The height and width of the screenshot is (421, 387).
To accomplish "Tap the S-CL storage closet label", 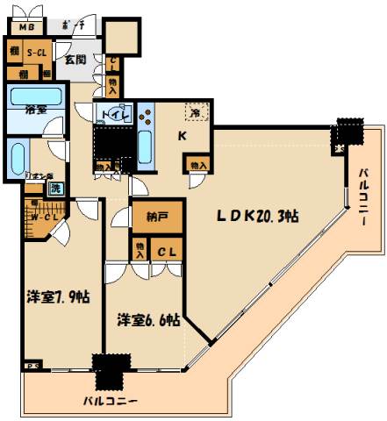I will point(35,54).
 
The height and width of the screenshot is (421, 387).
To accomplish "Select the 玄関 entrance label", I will point(74,61).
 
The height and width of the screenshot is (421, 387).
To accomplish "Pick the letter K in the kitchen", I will point(182,134).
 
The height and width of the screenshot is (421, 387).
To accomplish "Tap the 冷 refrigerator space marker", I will point(197,112).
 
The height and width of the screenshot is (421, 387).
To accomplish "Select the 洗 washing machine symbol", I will point(54,187).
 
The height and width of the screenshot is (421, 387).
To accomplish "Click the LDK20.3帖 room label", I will point(256,216).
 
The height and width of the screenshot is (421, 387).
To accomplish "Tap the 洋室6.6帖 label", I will point(145,320).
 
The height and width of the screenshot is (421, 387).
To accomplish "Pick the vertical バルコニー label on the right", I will point(362,196).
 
